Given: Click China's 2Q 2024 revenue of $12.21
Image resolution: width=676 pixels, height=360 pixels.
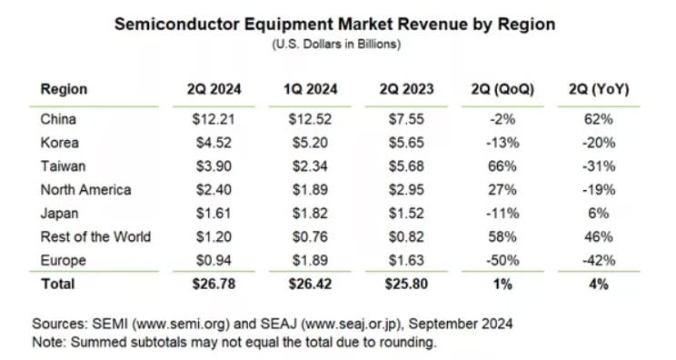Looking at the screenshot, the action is coord(214,119).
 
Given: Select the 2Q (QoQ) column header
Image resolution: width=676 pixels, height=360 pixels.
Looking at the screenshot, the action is coord(502,89).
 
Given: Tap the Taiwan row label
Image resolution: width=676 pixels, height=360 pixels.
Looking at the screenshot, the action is coord(63,166).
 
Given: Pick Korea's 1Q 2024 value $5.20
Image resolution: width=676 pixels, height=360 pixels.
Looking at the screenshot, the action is coord(310,143).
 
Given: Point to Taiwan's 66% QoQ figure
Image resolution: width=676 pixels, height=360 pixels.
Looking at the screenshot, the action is coord(502,166).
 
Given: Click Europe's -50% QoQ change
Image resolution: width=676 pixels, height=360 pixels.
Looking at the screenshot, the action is coord(502,260).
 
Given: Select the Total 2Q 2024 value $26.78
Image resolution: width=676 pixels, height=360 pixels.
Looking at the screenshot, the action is coord(214,285).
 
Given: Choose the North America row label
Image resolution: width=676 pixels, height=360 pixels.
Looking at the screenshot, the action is coord(85,190).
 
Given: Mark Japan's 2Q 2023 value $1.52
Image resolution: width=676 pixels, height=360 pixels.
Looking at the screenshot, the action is coord(406,214).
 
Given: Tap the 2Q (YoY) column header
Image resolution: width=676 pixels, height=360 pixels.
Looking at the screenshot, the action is coord(599,89).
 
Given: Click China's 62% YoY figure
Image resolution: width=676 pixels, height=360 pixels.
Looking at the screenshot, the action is coord(599,119).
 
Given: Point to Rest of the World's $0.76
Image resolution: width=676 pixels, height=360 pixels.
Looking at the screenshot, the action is coord(310,236).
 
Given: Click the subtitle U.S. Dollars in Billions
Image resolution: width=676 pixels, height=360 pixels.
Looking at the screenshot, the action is coord(336,45).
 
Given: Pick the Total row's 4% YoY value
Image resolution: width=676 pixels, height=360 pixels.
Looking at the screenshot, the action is coord(599,285).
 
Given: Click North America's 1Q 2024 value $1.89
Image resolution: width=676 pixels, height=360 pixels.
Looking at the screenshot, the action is coord(310,190).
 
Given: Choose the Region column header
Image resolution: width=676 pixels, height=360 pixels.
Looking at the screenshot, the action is coord(64,89).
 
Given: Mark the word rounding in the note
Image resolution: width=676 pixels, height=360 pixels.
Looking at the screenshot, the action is coord(407,343).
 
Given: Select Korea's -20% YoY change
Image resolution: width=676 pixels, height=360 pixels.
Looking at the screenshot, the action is coord(599,143).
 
